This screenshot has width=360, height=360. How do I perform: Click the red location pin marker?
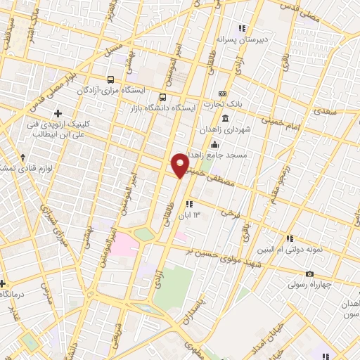pos(180,165)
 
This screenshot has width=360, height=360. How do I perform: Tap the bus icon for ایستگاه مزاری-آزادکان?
pos(111,79)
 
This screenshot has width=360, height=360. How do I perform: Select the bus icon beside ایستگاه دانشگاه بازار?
pos(163,98)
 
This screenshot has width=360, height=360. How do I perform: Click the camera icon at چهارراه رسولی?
pos(309,274)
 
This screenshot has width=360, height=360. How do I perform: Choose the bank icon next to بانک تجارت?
pos(222,94)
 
